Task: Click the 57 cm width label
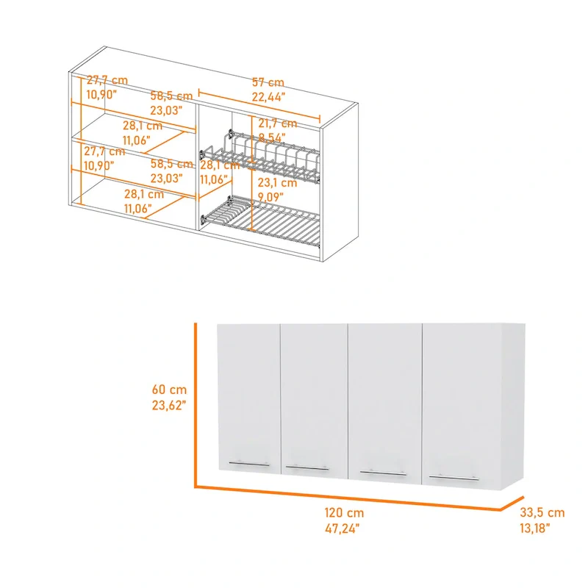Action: (x=268, y=83)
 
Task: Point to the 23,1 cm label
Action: (x=276, y=183)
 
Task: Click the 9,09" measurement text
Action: (x=273, y=196)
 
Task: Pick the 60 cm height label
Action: (x=170, y=390)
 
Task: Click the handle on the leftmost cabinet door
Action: (x=249, y=464)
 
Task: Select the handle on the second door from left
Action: (x=307, y=467)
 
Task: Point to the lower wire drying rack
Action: (x=261, y=219)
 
